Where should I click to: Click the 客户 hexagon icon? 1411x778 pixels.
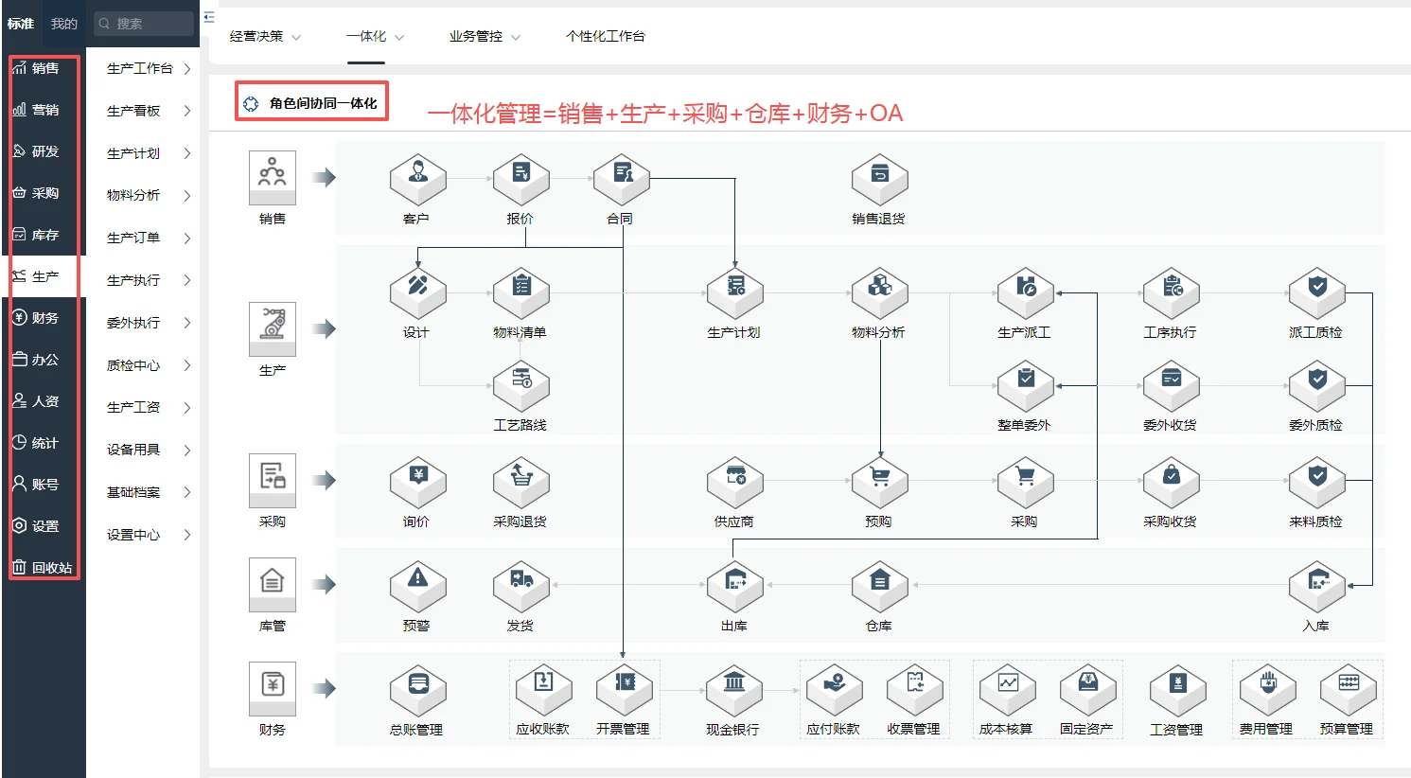(417, 179)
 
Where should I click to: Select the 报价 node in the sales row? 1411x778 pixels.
(520, 179)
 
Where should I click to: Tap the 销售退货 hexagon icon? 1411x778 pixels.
(879, 179)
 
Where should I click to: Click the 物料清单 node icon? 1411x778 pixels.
(520, 292)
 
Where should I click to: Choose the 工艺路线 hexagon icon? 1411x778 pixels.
(520, 384)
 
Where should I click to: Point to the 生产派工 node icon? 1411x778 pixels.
(1025, 292)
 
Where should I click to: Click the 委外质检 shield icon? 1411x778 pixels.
(1316, 384)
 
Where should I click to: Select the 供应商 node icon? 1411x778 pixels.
(734, 481)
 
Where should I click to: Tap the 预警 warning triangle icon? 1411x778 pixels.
(417, 585)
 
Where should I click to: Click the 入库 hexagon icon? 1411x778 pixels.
(1316, 585)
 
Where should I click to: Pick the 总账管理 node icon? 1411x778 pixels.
(417, 689)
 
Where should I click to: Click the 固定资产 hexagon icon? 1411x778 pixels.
(1087, 689)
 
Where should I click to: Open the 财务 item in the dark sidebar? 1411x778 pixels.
(44, 318)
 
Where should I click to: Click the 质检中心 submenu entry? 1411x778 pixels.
(133, 365)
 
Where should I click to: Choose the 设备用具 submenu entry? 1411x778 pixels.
(133, 450)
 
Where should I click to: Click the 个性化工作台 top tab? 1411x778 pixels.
(605, 36)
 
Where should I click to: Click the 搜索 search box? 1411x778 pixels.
(144, 24)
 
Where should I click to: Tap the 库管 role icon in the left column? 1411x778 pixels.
(273, 583)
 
